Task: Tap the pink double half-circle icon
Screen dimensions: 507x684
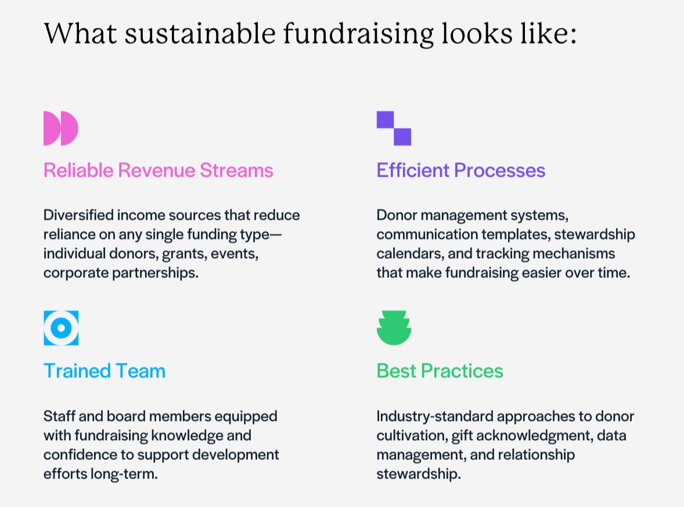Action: point(60,128)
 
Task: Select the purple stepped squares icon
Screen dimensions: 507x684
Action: point(394,128)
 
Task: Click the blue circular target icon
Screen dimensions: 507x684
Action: point(61,328)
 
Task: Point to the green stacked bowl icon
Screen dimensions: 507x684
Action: point(394,328)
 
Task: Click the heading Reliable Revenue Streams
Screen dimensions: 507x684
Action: point(158,170)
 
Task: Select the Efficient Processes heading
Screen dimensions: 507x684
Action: point(460,170)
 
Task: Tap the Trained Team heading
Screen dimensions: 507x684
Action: point(105,371)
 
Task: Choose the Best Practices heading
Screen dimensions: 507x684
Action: point(440,371)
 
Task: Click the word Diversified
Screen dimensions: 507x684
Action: point(78,215)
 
